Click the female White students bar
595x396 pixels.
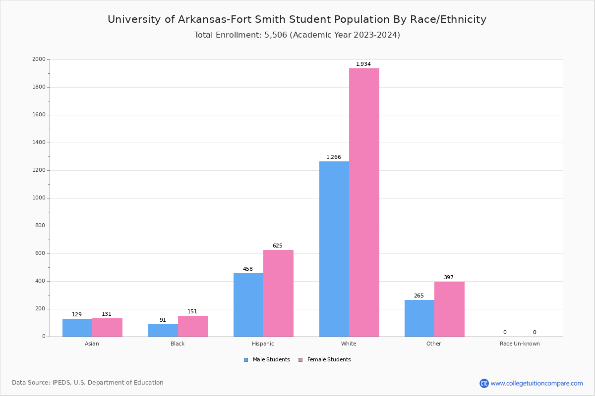364,202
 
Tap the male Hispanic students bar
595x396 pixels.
248,305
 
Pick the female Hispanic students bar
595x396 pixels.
278,293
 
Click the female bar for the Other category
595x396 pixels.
449,309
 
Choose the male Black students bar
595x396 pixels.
163,330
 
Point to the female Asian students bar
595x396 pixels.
107,327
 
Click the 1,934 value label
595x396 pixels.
363,64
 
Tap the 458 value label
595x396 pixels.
248,269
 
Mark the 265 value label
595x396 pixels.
419,296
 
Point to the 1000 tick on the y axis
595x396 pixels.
39,198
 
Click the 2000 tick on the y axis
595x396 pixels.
39,59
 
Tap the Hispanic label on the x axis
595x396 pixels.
263,344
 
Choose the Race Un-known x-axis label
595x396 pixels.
520,344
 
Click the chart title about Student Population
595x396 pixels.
297,19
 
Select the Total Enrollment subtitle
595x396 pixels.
297,35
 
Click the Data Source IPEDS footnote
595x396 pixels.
88,383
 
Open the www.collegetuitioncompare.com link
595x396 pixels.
536,383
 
